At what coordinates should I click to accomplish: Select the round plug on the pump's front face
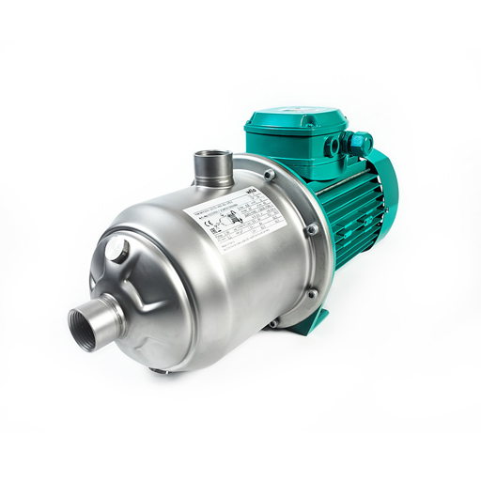pyautogui.click(x=117, y=250)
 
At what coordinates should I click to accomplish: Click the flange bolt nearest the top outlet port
pyautogui.click(x=270, y=175)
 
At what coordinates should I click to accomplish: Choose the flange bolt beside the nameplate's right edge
pyautogui.click(x=313, y=228)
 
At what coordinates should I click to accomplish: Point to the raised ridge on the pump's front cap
pyautogui.click(x=141, y=282)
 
